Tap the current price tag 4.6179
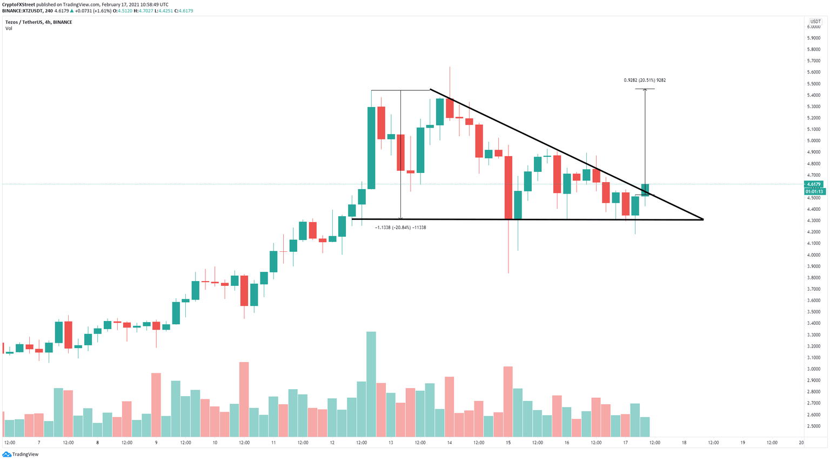[813, 185]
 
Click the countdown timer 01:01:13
[813, 191]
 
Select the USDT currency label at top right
[815, 22]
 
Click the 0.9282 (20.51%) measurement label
[645, 80]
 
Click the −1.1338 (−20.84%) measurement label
[400, 228]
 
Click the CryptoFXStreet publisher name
[19, 4]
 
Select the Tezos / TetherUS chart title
[38, 22]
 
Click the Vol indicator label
[9, 28]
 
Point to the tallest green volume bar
[371, 384]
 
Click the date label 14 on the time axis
[449, 443]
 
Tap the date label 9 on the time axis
[156, 443]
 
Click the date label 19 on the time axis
[742, 443]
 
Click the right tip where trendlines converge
[702, 219]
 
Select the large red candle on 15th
[508, 188]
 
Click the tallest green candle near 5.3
[371, 148]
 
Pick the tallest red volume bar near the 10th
[244, 399]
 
